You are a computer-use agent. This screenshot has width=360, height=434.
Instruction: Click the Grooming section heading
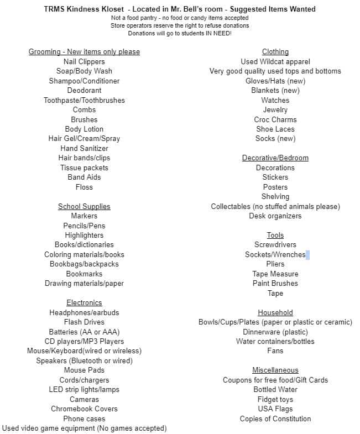[x=84, y=52]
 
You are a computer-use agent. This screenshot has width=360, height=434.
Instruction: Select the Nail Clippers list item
[x=84, y=61]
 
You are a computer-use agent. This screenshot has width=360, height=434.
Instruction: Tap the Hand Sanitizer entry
[x=84, y=148]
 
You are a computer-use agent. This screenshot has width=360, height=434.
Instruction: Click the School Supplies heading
[x=84, y=206]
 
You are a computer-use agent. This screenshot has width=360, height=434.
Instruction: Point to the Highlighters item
[x=84, y=235]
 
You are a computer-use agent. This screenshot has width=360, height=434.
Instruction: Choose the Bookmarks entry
[x=84, y=274]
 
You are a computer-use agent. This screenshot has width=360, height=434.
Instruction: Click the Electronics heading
[x=84, y=302]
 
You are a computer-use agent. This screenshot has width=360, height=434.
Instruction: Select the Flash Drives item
[x=84, y=322]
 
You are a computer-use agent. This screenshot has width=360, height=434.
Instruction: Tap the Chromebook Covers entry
[x=84, y=409]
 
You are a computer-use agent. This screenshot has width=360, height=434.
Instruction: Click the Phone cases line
[x=84, y=419]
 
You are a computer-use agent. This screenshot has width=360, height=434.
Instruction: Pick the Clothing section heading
[x=275, y=52]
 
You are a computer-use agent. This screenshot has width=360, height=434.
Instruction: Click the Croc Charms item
[x=275, y=119]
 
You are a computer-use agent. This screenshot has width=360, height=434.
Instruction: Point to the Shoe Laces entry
[x=275, y=129]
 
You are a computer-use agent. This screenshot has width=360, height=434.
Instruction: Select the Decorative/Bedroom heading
[x=275, y=158]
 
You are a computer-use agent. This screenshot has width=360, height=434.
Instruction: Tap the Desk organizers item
[x=275, y=216]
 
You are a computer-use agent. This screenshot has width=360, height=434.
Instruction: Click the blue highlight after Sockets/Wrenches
[x=307, y=255]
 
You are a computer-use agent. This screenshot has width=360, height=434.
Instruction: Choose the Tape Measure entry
[x=275, y=274]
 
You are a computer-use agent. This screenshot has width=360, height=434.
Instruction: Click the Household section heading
[x=275, y=312]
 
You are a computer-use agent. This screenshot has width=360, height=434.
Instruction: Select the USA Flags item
[x=275, y=409]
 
